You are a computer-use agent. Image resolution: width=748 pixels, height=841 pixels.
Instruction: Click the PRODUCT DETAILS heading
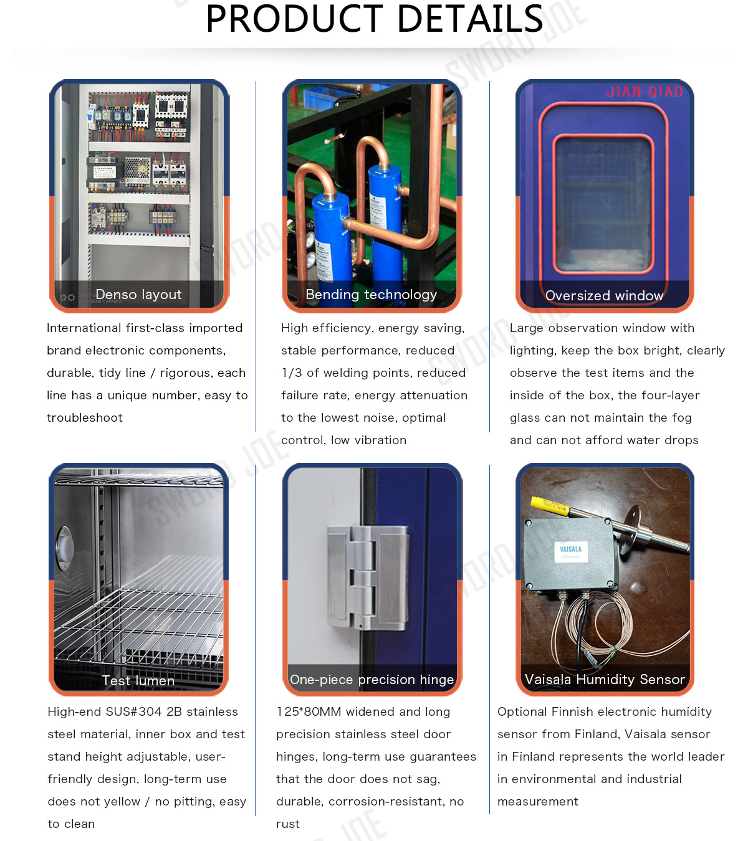point(374,19)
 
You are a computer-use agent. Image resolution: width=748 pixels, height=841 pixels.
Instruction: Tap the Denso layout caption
point(138,294)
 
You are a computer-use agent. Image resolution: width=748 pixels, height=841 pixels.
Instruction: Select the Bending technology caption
point(372,294)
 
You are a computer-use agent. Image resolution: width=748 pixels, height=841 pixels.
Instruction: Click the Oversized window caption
point(604,295)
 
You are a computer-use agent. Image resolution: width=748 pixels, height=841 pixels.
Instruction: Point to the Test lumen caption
point(138,680)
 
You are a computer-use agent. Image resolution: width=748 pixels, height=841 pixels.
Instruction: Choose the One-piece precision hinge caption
point(372,680)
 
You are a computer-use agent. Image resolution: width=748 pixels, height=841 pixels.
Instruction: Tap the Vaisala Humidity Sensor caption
point(605,679)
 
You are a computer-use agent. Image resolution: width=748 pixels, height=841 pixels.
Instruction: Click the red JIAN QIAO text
point(645,92)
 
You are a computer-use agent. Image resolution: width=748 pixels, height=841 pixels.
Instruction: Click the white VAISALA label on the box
point(571,551)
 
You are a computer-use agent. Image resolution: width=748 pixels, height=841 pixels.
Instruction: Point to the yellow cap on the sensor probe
point(550,506)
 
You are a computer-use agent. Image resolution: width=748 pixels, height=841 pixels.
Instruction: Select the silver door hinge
point(368,577)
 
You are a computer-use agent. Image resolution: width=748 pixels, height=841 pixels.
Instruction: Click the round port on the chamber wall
point(64,548)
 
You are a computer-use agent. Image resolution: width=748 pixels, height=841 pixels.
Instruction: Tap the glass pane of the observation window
point(603,204)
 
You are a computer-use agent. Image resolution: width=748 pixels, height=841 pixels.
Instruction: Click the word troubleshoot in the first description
point(85,417)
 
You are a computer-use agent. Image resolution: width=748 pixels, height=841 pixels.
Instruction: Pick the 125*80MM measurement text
point(309,711)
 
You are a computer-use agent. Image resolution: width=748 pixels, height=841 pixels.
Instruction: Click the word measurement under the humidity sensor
point(537,802)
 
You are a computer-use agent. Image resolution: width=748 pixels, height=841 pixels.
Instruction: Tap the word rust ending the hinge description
point(288,824)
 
